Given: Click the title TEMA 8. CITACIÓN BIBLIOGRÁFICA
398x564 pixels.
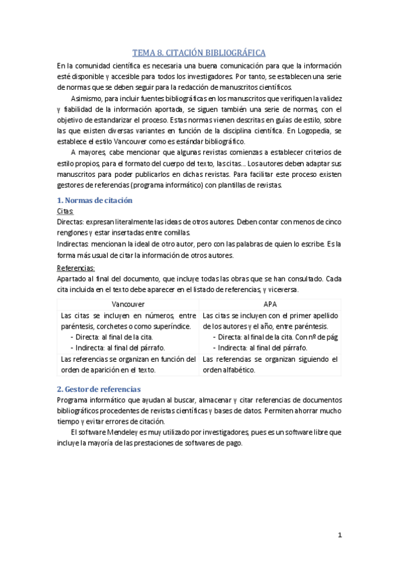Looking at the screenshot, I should point(199,52).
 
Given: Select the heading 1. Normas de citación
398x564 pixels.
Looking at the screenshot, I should point(94,200).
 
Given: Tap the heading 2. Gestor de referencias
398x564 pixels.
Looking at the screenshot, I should point(98,388).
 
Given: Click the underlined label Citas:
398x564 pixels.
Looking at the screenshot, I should point(65,210).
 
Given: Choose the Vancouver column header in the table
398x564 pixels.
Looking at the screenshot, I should point(128,303).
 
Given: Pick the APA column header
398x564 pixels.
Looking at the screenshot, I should point(270,303).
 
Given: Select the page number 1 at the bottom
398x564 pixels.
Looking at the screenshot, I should point(340,535).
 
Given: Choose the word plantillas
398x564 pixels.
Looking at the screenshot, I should point(235,185).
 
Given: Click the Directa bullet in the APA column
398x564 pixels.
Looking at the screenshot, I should point(231,337).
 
